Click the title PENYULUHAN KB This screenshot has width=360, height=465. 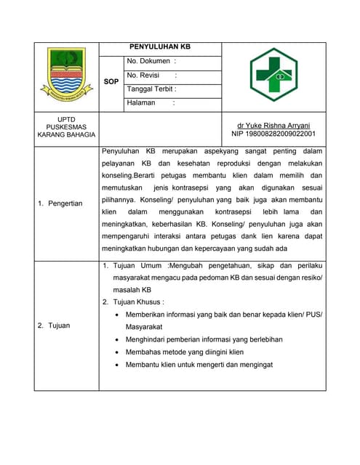(160, 47)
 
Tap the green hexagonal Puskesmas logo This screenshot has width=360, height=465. (273, 75)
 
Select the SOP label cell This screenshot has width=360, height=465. (111, 82)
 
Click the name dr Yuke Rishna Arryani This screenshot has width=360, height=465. (273, 125)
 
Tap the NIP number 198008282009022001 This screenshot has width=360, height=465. (273, 134)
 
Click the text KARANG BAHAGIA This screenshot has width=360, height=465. (67, 134)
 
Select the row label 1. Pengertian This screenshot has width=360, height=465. (60, 203)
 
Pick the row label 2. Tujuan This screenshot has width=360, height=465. (55, 325)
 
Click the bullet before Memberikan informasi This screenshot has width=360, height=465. (119, 314)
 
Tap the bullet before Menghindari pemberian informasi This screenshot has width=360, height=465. (119, 339)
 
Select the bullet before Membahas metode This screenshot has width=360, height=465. (119, 352)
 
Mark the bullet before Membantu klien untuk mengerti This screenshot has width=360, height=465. (119, 365)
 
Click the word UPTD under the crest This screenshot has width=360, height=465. (67, 118)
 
